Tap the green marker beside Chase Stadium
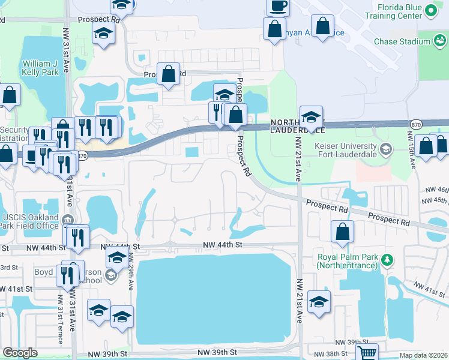coord(440,41)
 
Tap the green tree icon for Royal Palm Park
coord(388,260)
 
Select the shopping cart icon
coord(367,353)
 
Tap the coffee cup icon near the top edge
coord(277,7)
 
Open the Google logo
coord(20,353)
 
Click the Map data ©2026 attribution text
coord(423,355)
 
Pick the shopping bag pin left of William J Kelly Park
coord(10,96)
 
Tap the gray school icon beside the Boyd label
coord(110,275)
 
